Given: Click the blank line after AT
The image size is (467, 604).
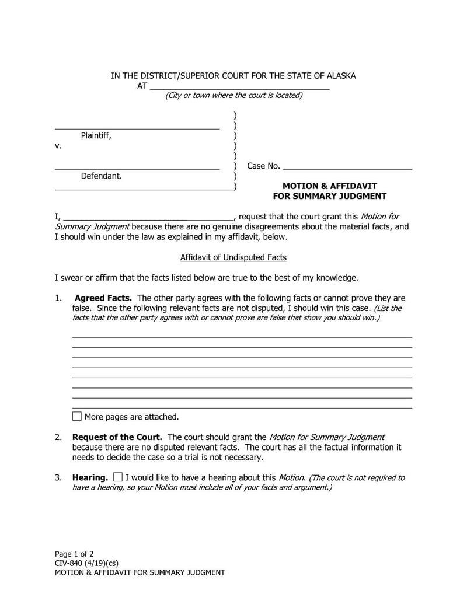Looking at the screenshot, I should pos(239,87).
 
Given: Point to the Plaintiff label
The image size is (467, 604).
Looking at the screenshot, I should pos(96,135).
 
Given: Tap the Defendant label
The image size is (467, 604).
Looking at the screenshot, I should pos(101,176).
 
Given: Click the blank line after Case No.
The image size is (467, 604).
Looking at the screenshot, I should pos(347,167).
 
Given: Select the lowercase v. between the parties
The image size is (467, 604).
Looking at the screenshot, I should pos(58,146).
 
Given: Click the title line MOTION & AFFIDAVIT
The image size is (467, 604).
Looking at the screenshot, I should pos(329,186).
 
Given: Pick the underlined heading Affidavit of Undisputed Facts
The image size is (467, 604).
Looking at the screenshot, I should pos(233,257).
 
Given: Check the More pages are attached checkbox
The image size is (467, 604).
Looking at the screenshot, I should pos(77,416).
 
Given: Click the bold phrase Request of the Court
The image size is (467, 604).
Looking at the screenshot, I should pos(117,437).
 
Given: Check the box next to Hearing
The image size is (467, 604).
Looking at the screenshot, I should pos(118,477).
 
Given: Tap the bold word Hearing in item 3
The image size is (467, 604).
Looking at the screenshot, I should pos(90,477).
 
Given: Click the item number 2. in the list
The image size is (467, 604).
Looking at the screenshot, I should pos(58,437).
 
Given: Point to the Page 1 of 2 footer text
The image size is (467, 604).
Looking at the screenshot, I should pos(74,554).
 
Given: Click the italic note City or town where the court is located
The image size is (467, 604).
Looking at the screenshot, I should pos(233,96).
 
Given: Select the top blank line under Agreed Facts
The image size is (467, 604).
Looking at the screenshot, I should pos(242,337).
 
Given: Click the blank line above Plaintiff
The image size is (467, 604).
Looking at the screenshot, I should pos(137,127).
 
